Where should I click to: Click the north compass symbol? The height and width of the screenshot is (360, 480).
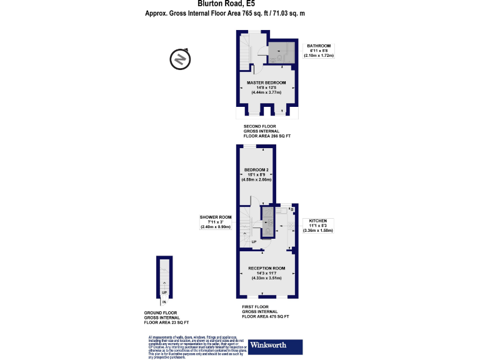[179, 59]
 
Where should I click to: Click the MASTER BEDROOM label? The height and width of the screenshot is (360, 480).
[266, 83]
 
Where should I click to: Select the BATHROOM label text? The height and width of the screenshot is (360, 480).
[318, 46]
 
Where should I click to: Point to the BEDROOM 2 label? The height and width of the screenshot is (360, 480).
[257, 170]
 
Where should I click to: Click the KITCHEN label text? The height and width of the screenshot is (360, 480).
[318, 221]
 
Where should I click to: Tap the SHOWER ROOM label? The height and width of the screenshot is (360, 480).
[216, 217]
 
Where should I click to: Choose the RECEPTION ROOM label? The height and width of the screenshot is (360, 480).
[262, 269]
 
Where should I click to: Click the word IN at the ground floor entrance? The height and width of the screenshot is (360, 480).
[164, 302]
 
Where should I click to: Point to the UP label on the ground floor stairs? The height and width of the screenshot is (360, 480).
[164, 292]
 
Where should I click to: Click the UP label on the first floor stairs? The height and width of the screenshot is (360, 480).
[254, 242]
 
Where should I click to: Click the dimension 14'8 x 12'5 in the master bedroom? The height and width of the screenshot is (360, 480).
[266, 88]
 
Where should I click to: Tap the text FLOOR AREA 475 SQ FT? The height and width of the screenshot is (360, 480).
[266, 317]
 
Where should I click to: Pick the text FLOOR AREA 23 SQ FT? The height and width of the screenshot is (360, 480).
[165, 322]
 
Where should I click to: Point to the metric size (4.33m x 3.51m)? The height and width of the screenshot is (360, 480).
[262, 278]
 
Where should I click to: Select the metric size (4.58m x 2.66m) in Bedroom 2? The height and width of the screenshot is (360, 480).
[257, 179]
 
